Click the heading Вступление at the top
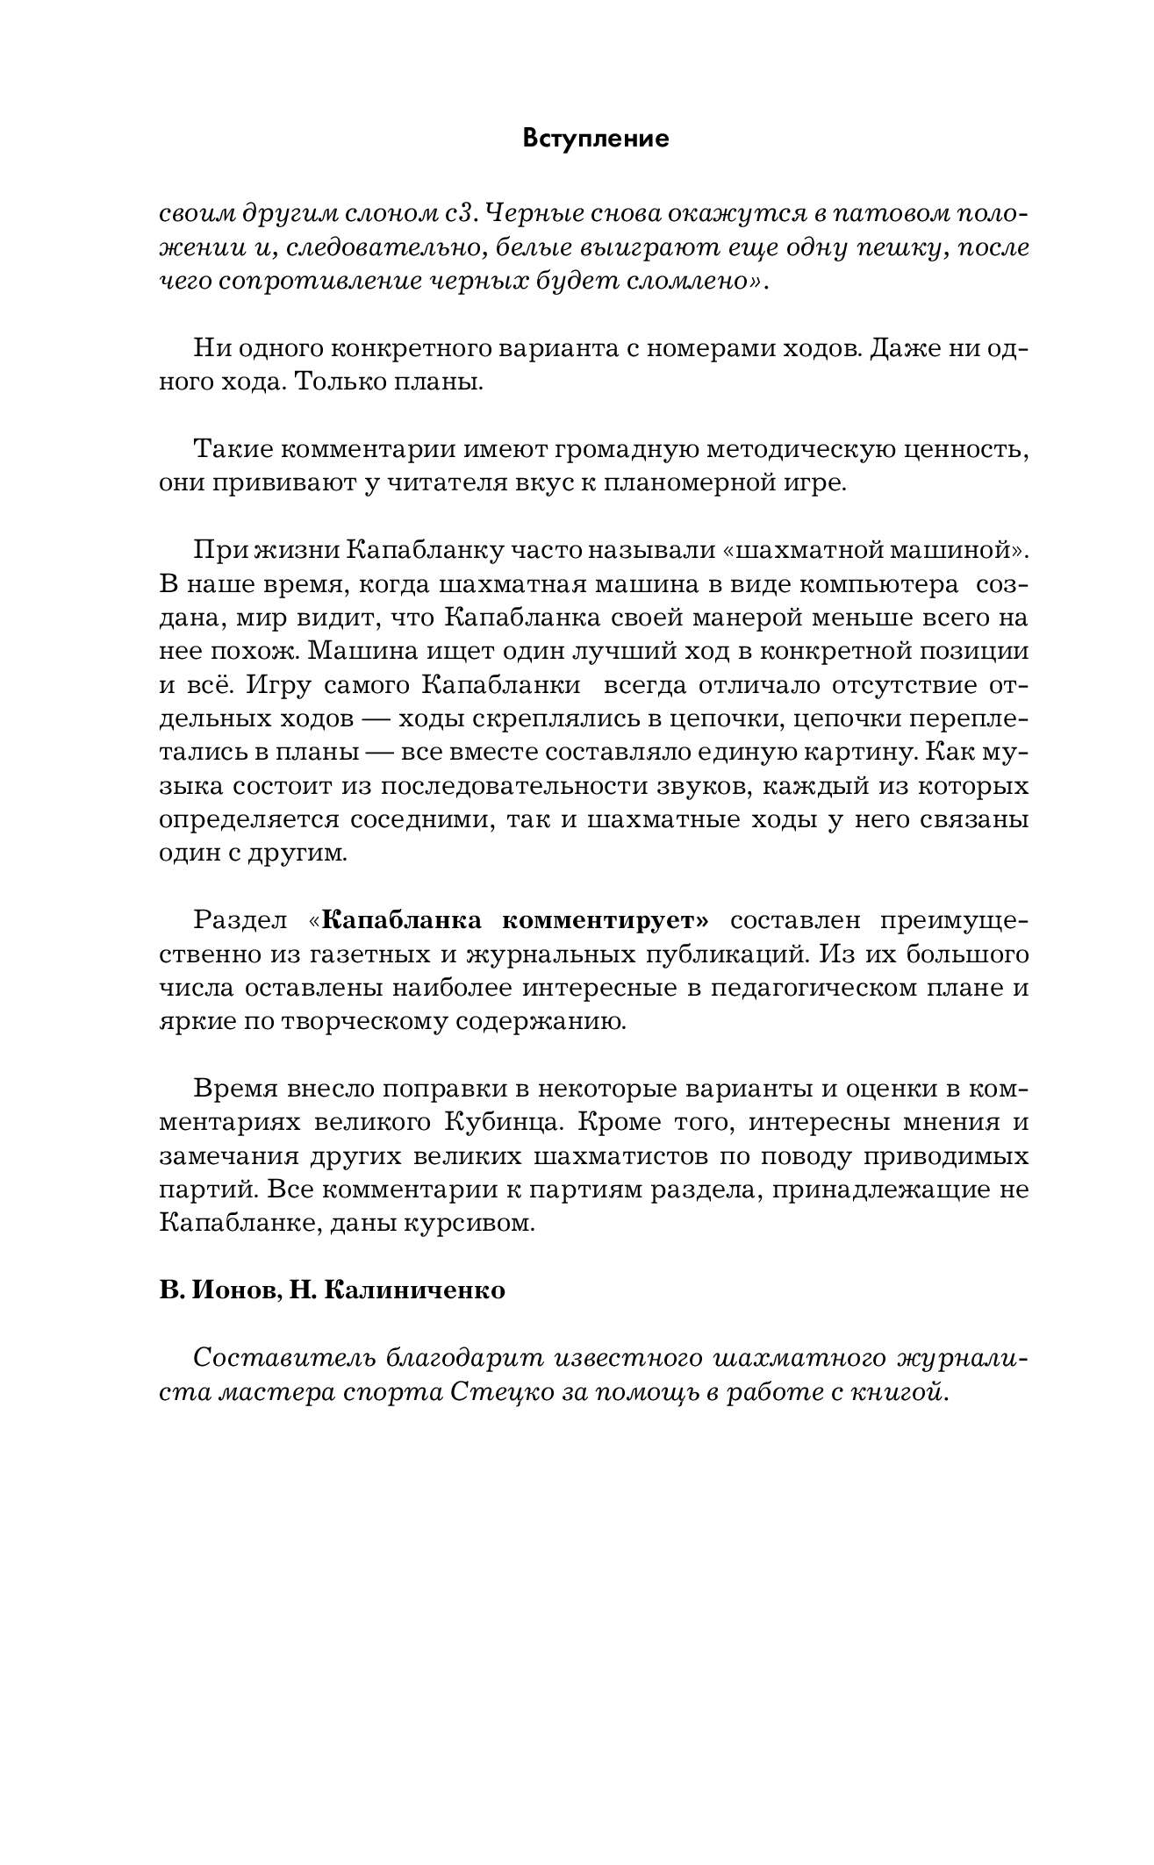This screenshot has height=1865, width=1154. pyautogui.click(x=595, y=139)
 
